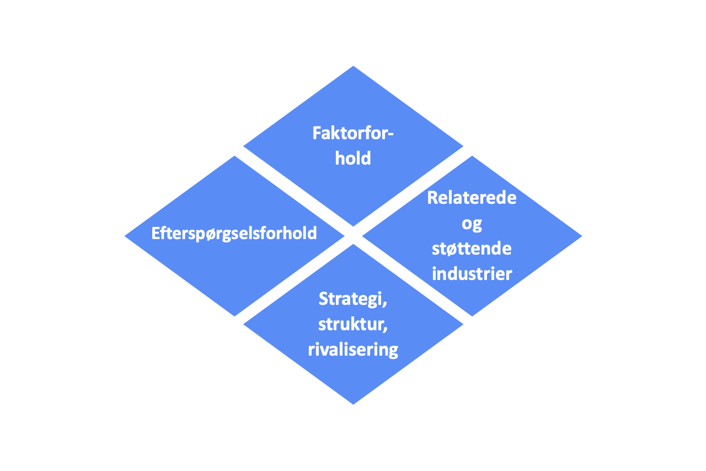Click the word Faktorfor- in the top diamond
(353, 133)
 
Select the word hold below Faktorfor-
(353, 158)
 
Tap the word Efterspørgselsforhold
(234, 234)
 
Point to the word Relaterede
(472, 198)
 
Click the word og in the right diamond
(472, 224)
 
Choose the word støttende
(472, 248)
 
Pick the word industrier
(472, 273)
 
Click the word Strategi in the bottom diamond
(351, 299)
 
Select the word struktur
(351, 324)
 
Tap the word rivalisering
(353, 350)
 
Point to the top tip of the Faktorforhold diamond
(353, 66)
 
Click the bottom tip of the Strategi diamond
(353, 404)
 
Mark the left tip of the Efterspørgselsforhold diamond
(125, 236)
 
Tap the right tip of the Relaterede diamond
(582, 236)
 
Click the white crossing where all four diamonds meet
(353, 235)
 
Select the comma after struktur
(385, 329)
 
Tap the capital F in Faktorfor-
(317, 133)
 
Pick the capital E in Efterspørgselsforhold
(156, 233)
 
